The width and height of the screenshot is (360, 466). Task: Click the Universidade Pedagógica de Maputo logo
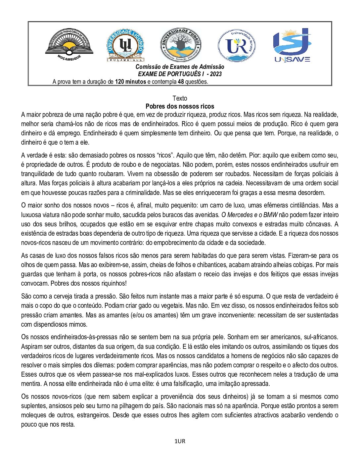(x=69, y=45)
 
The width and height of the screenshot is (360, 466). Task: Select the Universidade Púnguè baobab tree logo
(x=181, y=45)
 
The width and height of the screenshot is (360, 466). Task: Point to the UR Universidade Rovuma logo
(x=237, y=45)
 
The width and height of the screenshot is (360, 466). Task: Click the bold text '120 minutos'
(x=130, y=82)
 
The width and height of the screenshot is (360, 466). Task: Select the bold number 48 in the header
(x=181, y=82)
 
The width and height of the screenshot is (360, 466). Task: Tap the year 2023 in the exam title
(x=216, y=74)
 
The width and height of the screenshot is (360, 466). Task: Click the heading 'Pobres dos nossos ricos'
(x=180, y=106)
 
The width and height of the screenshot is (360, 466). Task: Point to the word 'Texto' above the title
(x=180, y=98)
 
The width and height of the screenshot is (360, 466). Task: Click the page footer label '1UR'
(x=180, y=441)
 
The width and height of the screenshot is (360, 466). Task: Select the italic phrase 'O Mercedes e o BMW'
(x=249, y=215)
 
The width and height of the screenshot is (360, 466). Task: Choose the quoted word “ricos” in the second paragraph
(x=165, y=155)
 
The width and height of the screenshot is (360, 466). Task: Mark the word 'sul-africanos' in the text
(x=321, y=337)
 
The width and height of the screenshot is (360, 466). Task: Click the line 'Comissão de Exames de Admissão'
(x=180, y=67)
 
